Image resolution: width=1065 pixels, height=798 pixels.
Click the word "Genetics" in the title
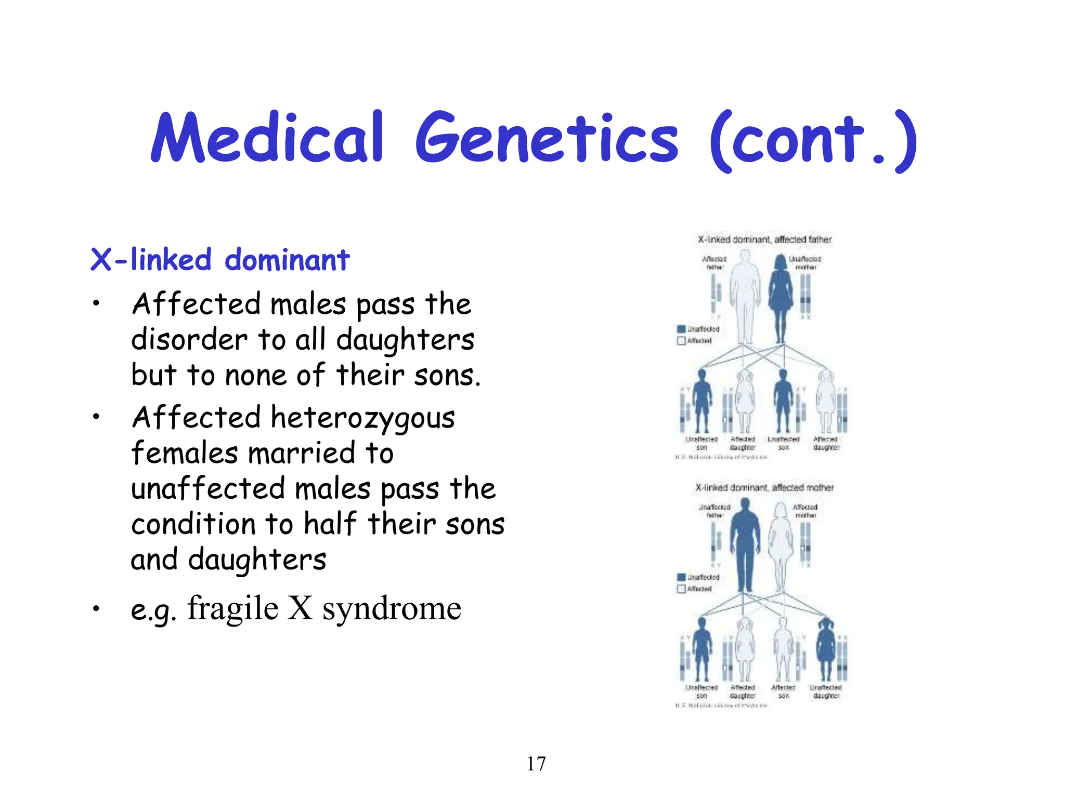pyautogui.click(x=547, y=138)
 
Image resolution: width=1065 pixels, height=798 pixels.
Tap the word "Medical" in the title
pyautogui.click(x=268, y=138)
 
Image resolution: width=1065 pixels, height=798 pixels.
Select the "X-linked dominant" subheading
pyautogui.click(x=219, y=259)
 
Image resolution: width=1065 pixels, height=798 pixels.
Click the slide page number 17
pyautogui.click(x=536, y=764)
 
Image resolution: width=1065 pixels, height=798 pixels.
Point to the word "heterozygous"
pyautogui.click(x=362, y=419)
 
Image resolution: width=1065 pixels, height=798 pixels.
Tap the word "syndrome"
pyautogui.click(x=392, y=609)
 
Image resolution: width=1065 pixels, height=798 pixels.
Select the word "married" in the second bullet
pyautogui.click(x=301, y=453)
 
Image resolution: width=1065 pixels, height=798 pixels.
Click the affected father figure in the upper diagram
pyautogui.click(x=745, y=296)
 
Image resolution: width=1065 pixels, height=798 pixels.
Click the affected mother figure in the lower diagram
pyautogui.click(x=781, y=546)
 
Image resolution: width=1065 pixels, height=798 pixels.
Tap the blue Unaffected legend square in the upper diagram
pyautogui.click(x=681, y=329)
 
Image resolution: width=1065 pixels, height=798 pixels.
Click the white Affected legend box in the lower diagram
pyautogui.click(x=681, y=589)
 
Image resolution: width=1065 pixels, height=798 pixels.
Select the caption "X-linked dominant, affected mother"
pyautogui.click(x=764, y=488)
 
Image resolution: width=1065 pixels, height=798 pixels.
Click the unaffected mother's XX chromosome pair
pyautogui.click(x=806, y=294)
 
